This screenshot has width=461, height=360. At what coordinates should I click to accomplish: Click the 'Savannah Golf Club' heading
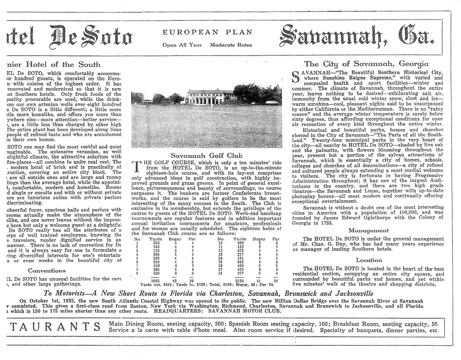tap(207, 156)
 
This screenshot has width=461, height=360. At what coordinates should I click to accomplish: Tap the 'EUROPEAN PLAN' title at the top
tap(207, 33)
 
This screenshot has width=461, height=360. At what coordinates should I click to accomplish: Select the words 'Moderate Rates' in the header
tap(231, 45)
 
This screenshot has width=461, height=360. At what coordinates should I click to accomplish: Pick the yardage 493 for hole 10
tap(239, 242)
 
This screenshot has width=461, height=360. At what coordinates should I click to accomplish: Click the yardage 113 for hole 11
tap(239, 247)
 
